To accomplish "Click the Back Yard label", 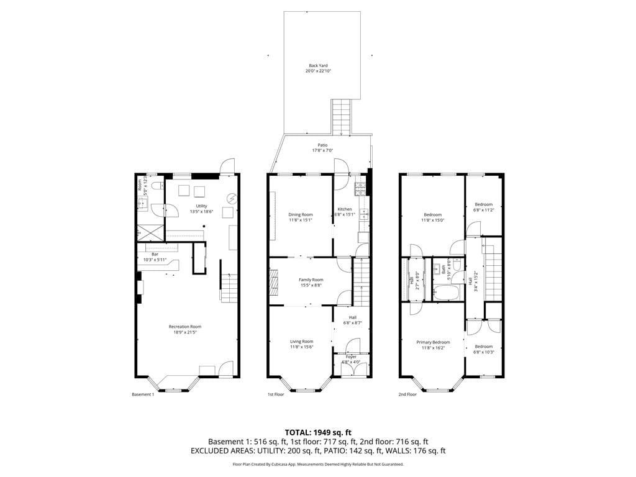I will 318,65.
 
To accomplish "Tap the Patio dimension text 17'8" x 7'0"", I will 322,151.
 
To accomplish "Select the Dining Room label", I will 301,215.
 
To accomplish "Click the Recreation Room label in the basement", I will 184,327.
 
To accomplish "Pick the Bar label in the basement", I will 155,254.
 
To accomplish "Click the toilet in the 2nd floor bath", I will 457,264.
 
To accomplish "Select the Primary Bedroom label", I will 433,342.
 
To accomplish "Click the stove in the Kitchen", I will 360,186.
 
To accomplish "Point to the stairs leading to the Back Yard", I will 341,117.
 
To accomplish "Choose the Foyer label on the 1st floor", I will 351,357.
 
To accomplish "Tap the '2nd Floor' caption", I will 407,394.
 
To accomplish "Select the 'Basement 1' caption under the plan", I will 143,394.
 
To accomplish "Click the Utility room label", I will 201,206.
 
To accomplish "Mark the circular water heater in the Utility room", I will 232,198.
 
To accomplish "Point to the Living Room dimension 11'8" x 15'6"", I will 302,347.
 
